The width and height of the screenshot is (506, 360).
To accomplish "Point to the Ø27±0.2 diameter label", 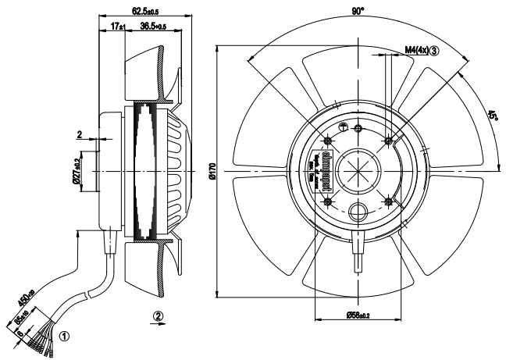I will [x=77, y=173].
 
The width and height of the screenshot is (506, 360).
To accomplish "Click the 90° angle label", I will [x=357, y=12].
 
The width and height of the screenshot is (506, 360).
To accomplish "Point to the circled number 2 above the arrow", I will [x=159, y=316].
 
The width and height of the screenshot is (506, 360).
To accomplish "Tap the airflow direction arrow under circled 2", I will [x=159, y=327].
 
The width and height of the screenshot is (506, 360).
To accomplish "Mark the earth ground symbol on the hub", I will [x=344, y=127].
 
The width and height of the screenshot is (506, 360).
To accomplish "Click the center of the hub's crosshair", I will [x=358, y=171].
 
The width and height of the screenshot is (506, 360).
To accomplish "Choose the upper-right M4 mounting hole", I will [x=389, y=141].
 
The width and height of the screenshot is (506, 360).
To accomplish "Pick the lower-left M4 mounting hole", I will [x=328, y=201].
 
